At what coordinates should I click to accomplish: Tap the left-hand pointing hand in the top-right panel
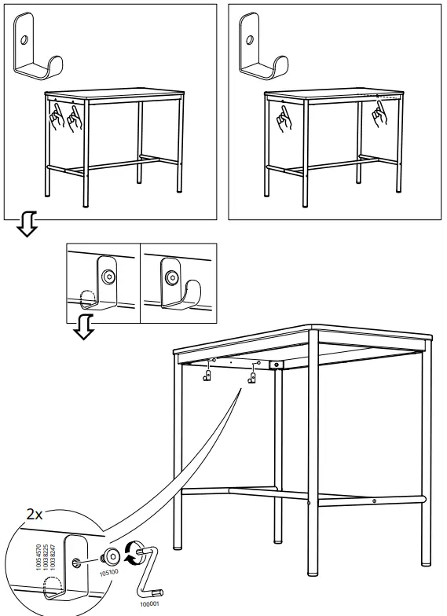coord(284,119)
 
